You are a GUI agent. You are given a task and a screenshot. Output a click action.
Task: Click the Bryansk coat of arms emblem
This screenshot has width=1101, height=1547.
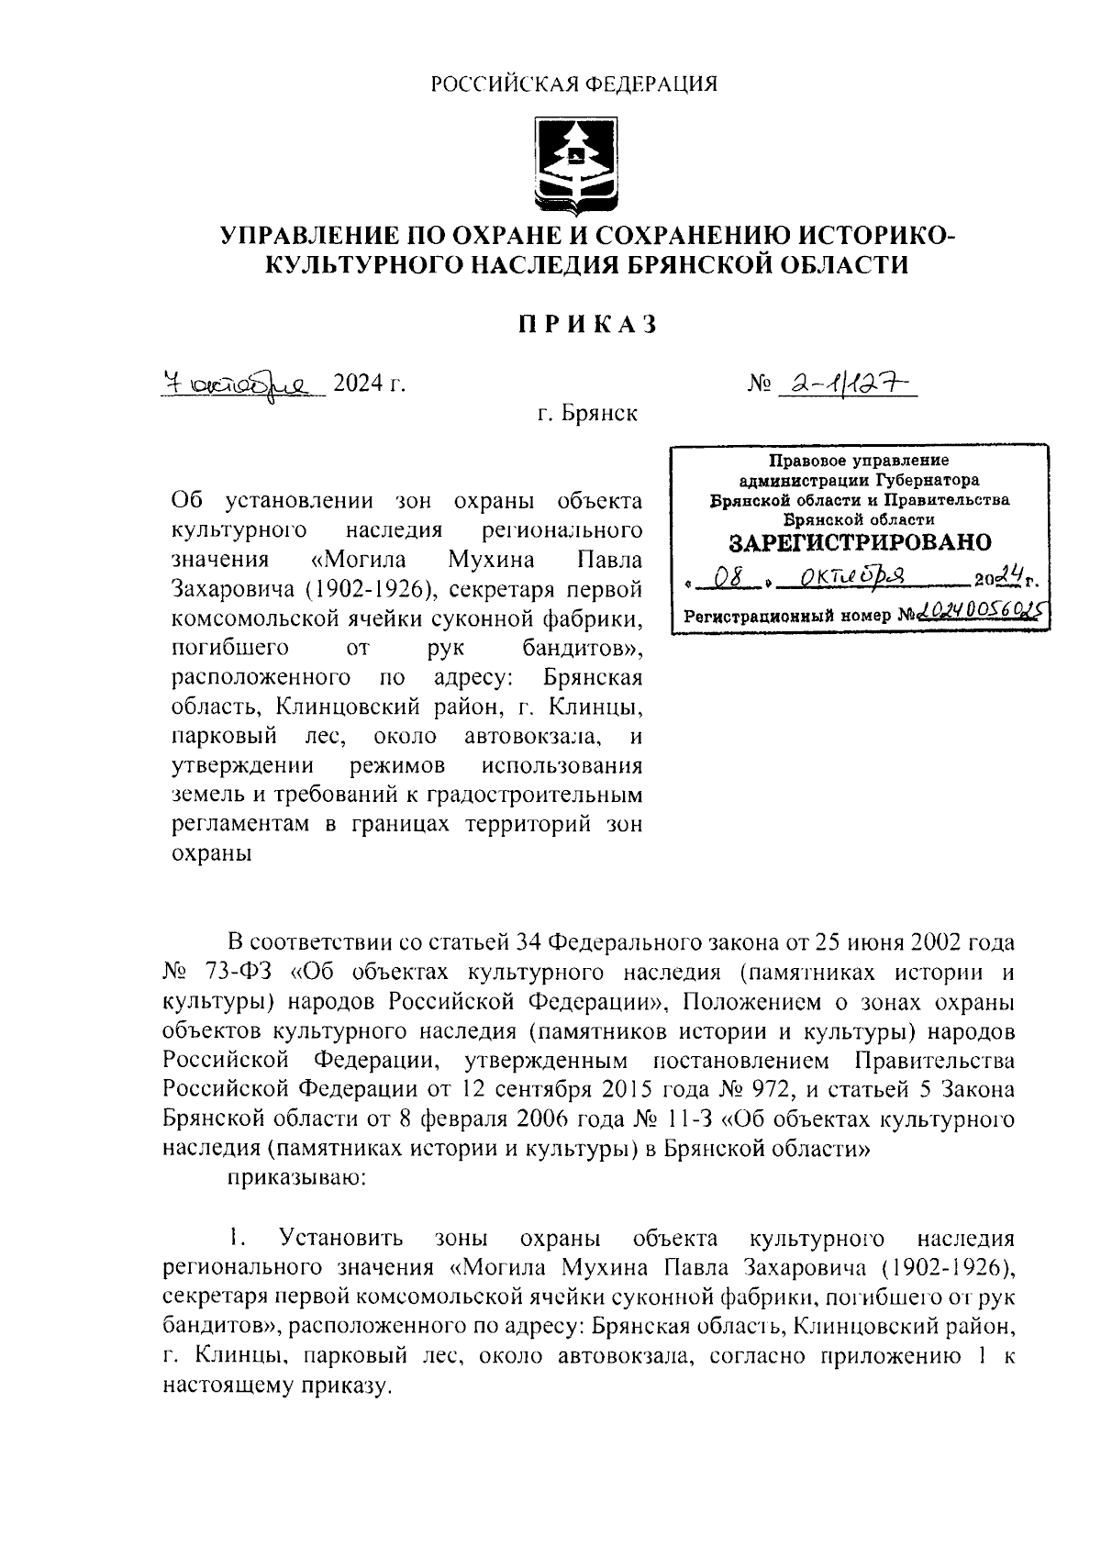(575, 164)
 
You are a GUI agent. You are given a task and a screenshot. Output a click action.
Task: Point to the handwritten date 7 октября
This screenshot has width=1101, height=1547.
(240, 383)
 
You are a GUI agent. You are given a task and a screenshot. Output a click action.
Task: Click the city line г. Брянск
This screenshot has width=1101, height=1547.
(587, 414)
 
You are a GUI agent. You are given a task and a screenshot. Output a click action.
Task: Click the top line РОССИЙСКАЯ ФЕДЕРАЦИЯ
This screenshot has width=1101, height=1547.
(575, 84)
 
